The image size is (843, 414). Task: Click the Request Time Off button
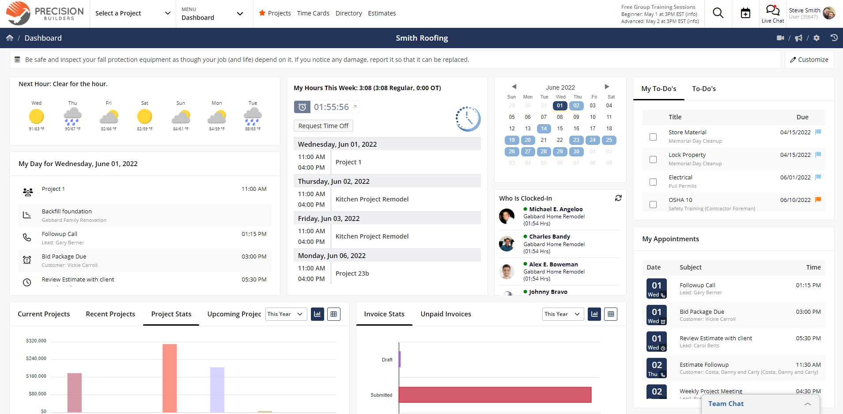point(323,126)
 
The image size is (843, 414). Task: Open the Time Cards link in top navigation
point(313,13)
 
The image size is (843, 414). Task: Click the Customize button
point(809,60)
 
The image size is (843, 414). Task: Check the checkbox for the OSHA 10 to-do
point(653,205)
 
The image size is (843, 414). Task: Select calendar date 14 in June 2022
point(544,129)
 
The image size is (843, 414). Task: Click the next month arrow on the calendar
point(607,87)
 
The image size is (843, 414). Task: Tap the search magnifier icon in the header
point(718,13)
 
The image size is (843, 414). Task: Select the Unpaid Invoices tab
point(446,314)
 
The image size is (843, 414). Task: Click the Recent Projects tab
point(110,314)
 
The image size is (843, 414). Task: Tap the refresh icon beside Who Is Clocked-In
point(618,198)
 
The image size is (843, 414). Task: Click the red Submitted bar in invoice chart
point(495,395)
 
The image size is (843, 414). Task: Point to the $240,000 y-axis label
point(36,358)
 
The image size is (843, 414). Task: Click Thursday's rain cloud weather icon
point(72,116)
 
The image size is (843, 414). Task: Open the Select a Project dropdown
point(132,13)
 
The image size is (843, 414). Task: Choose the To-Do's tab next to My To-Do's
point(704,89)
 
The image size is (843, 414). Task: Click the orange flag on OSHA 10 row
point(818,200)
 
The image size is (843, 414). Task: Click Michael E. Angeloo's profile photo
point(507,216)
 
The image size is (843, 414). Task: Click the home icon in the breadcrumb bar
point(10,38)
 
